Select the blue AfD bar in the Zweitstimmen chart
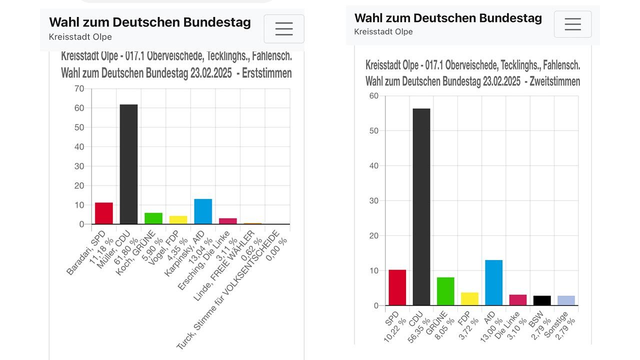click(493, 282)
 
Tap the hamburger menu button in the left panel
click(283, 29)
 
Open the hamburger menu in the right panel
click(572, 24)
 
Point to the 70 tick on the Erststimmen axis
click(79, 88)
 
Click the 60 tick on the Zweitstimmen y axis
click(373, 96)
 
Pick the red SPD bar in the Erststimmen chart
click(104, 213)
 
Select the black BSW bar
click(542, 300)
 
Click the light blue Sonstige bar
click(566, 300)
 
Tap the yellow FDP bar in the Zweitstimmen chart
click(469, 299)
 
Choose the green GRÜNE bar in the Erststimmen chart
click(153, 218)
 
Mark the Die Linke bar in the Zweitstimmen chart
click(518, 300)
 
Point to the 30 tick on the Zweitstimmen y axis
click(373, 201)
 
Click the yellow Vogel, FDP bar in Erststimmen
click(178, 220)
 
